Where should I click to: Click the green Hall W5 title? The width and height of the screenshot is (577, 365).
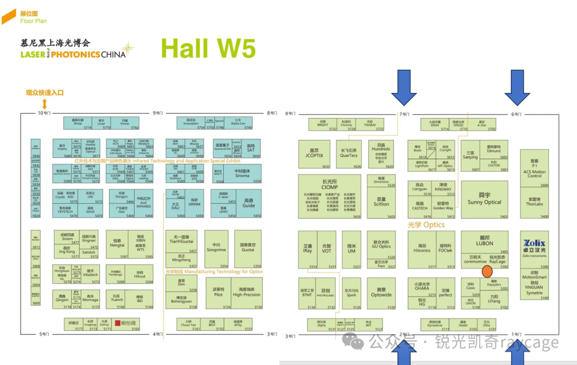pos(208,49)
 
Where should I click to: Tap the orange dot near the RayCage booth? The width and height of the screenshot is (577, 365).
pos(487,272)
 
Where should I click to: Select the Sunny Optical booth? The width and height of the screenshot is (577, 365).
pos(485,200)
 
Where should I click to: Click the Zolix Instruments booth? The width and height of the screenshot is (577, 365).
pos(534,249)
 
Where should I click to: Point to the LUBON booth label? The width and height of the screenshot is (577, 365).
pos(485,241)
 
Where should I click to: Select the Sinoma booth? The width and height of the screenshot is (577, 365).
pos(241,173)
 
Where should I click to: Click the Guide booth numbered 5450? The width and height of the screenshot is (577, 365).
pos(248,203)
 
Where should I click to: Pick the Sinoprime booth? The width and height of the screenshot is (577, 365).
pos(216,248)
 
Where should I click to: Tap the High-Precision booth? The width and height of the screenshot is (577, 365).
pos(246,292)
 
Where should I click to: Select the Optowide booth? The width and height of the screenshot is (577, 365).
pos(381,293)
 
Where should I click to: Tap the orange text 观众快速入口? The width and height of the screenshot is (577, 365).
pos(45,92)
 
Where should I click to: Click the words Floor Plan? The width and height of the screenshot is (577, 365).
pos(33,21)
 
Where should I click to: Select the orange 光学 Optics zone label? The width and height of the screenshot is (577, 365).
pos(426,225)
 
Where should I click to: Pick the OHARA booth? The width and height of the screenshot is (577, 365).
pos(422,287)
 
